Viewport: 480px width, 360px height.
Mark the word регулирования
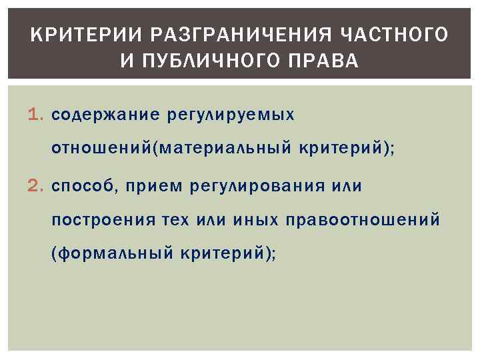(253, 186)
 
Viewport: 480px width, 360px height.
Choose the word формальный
(117, 254)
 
